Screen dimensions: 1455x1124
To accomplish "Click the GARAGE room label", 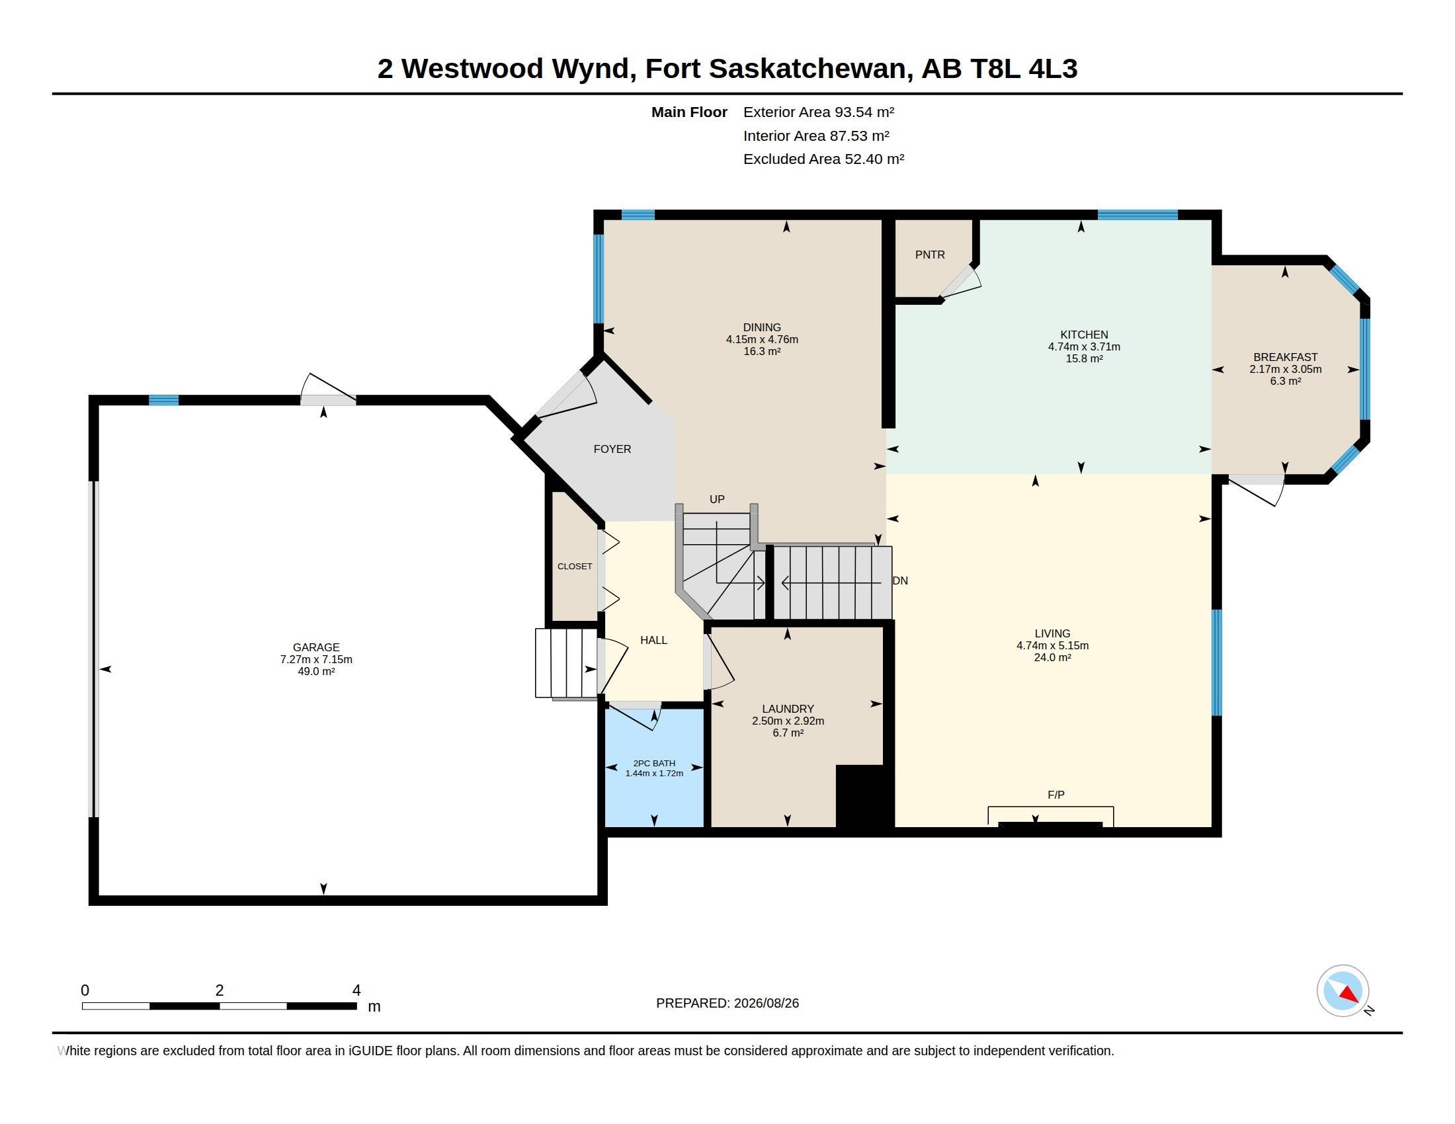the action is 315,647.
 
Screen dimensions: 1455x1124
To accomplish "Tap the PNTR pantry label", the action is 930,255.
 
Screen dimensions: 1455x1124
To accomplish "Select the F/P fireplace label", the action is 1056,794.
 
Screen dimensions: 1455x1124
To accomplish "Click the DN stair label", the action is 900,581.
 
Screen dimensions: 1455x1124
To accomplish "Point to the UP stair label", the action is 717,499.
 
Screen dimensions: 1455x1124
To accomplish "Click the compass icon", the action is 1343,990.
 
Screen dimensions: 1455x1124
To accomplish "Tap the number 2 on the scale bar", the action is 219,990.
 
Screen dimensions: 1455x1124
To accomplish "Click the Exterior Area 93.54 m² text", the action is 819,112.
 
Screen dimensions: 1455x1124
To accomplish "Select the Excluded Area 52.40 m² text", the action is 824,159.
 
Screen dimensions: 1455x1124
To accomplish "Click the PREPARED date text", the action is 727,1003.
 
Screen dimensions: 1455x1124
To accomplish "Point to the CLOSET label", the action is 575,566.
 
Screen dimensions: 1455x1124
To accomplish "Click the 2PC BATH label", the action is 654,763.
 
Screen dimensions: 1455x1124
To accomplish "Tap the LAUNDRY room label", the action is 788,709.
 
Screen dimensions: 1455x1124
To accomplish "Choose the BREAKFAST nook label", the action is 1286,357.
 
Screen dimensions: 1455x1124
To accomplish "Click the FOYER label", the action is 612,449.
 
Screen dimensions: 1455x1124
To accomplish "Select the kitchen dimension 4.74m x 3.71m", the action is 1084,346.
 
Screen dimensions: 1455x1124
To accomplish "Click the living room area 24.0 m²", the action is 1053,657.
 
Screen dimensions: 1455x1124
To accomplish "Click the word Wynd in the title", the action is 590,69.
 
